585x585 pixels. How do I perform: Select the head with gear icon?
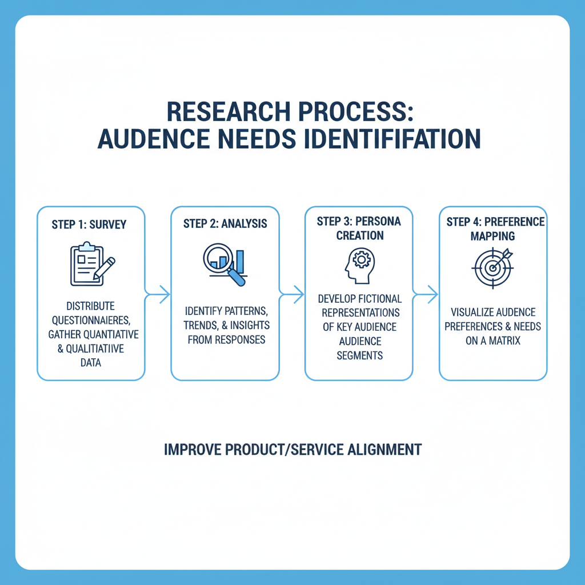[358, 266]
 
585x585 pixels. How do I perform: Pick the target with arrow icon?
[492, 266]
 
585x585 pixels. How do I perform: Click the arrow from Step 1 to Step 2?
[158, 295]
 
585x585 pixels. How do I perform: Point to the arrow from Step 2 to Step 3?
[292, 295]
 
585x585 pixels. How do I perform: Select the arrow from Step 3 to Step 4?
[426, 295]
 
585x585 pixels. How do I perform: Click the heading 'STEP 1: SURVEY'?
[89, 225]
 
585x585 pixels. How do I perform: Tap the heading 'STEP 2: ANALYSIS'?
[225, 223]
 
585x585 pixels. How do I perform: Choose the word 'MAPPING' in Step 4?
[493, 235]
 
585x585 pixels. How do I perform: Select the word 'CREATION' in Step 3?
[359, 235]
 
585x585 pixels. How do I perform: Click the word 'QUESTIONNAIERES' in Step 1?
[94, 320]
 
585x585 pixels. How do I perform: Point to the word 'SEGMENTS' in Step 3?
[359, 355]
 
